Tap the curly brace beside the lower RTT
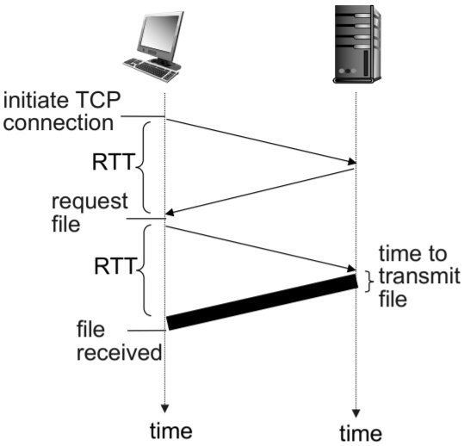(145, 269)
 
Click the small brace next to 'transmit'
(368, 277)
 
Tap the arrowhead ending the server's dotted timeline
(355, 412)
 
